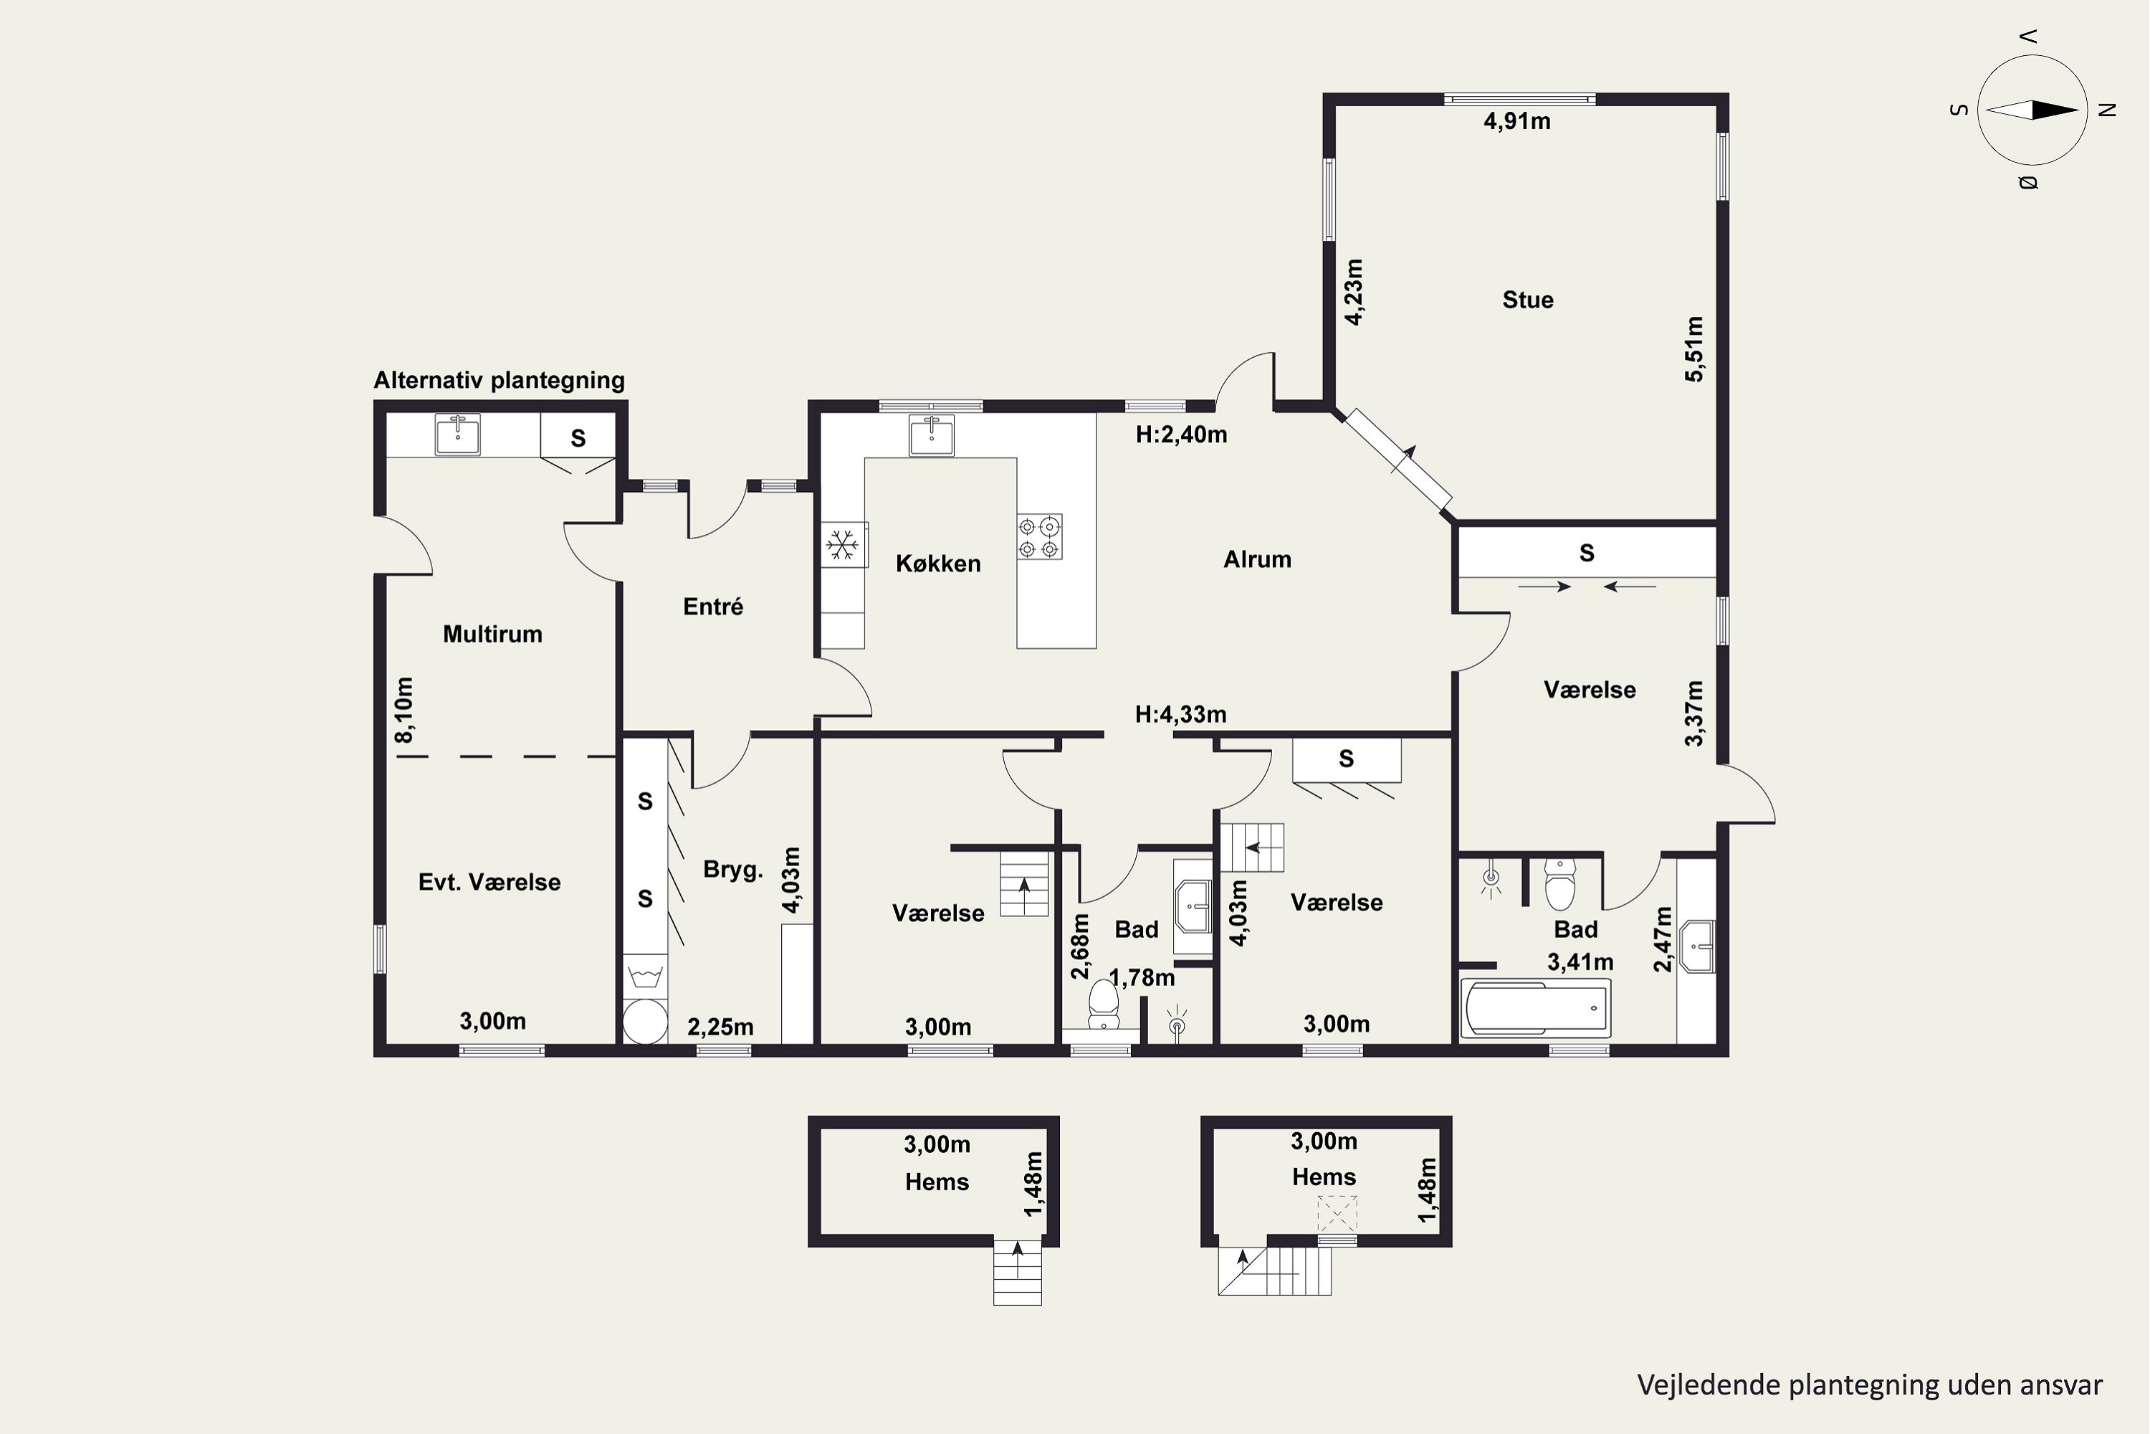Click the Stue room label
[1527, 300]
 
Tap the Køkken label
[938, 564]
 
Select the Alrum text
[1257, 559]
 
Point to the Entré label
[713, 607]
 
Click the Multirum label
[493, 634]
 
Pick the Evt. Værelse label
[489, 882]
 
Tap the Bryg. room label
[733, 870]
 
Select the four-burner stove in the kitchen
[1039, 537]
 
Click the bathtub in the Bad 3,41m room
[1536, 1010]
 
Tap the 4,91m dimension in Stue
[1516, 120]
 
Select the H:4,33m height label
[1181, 713]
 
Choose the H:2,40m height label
[1181, 435]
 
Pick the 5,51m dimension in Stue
[1694, 348]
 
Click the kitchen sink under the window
[932, 435]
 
